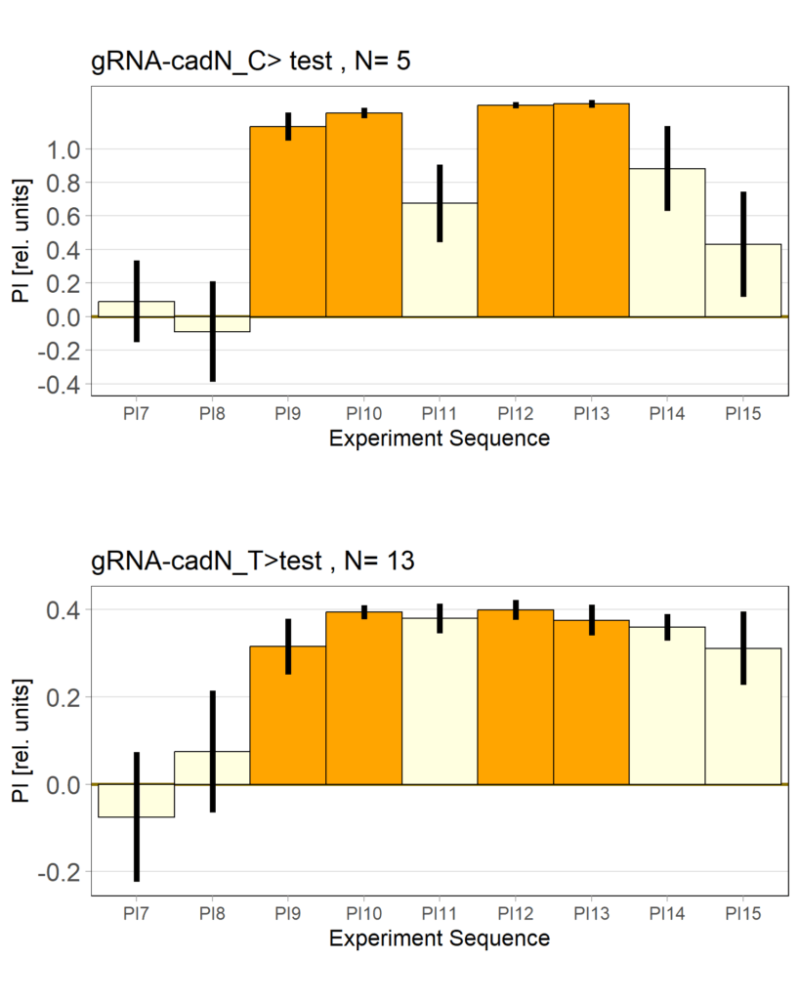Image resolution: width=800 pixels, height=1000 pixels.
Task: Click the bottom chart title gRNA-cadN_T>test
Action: pos(252,562)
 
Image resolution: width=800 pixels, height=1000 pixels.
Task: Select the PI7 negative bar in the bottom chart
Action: pos(137,800)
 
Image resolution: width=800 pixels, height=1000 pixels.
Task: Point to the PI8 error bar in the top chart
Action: pos(213,331)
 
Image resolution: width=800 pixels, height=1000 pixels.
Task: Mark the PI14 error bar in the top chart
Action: pos(667,168)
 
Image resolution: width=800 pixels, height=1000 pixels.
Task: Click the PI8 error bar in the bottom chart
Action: pos(213,751)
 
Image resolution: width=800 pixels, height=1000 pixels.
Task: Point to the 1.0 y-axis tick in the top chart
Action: pos(67,149)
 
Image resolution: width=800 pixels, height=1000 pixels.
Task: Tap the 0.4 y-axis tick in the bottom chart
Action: pos(67,610)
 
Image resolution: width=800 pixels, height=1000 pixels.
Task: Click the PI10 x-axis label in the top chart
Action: pos(364,414)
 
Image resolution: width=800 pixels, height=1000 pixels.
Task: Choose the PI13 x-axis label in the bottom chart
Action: pos(592,914)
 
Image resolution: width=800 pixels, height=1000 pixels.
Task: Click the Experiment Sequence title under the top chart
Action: pos(440,439)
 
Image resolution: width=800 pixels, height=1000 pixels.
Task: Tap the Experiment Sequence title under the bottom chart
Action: pos(440,939)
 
